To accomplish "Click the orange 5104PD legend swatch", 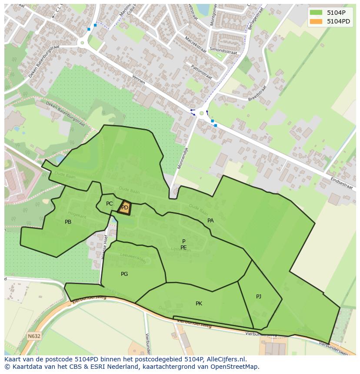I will point(316,21).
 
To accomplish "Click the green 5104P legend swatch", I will point(316,12).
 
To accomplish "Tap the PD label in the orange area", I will point(125,208).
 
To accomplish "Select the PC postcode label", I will point(110,204).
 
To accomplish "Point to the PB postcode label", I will point(68,222).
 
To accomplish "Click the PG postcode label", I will point(124,274).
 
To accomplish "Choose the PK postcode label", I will point(199,304).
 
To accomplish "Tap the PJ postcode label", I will point(259,297).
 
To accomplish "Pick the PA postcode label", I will point(210,221).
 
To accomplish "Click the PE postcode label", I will point(183,248).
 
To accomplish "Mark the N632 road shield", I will point(34,336).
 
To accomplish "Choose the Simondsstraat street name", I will point(223,51).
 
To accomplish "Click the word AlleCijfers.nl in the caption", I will point(226,359).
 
